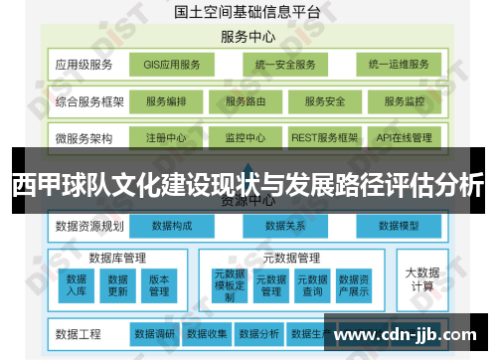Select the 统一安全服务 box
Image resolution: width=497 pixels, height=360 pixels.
coord(284,66)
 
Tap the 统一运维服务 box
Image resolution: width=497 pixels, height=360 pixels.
coord(398,66)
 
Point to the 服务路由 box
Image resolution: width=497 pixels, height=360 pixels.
coord(247,101)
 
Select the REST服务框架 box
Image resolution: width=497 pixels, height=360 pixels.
coord(323,137)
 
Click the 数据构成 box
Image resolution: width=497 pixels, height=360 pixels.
coord(172,226)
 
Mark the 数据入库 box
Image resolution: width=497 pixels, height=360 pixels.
coord(77,285)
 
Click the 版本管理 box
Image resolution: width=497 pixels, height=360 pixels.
coord(159,285)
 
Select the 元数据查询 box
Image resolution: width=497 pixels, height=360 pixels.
coord(313,285)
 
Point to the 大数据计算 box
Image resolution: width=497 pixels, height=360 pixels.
coord(421,277)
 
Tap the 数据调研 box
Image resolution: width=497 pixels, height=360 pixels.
coord(155,333)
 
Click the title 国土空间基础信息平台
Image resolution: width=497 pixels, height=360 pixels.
coord(248,14)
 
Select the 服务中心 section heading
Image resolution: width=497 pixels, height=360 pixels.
coord(248,37)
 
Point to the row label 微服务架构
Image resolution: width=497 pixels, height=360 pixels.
coord(84,137)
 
